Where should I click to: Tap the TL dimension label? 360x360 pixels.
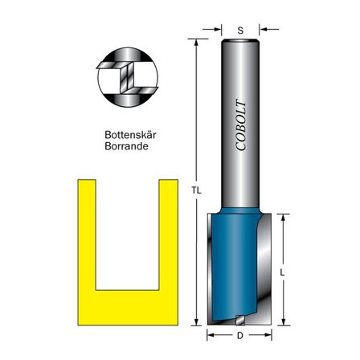pos(195,190)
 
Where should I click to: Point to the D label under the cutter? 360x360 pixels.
pos(241,335)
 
